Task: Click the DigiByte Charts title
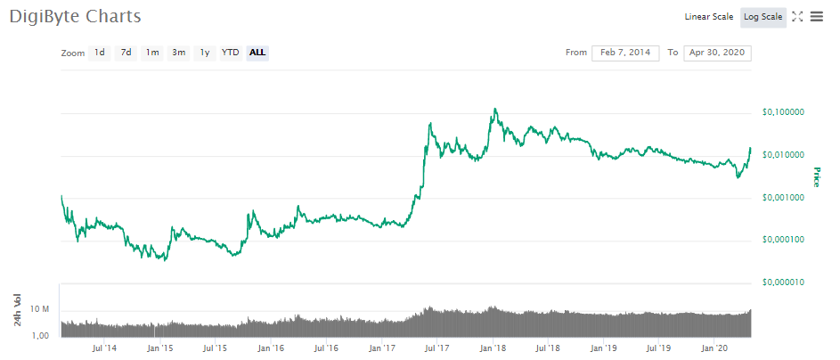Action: pyautogui.click(x=75, y=17)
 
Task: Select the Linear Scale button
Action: pyautogui.click(x=708, y=17)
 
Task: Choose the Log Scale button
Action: pyautogui.click(x=763, y=17)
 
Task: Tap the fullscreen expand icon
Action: pyautogui.click(x=797, y=17)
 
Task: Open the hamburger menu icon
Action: pyautogui.click(x=817, y=17)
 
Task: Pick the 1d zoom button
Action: pyautogui.click(x=100, y=53)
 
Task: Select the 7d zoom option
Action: pyautogui.click(x=126, y=53)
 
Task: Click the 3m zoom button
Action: pyautogui.click(x=179, y=53)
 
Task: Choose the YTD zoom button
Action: pyautogui.click(x=230, y=53)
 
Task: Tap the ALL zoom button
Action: pyautogui.click(x=257, y=53)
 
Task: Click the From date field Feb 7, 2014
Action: pyautogui.click(x=625, y=53)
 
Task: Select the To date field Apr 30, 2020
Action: pyautogui.click(x=717, y=53)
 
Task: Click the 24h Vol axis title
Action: pyautogui.click(x=17, y=308)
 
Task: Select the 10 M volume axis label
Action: pyautogui.click(x=39, y=309)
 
